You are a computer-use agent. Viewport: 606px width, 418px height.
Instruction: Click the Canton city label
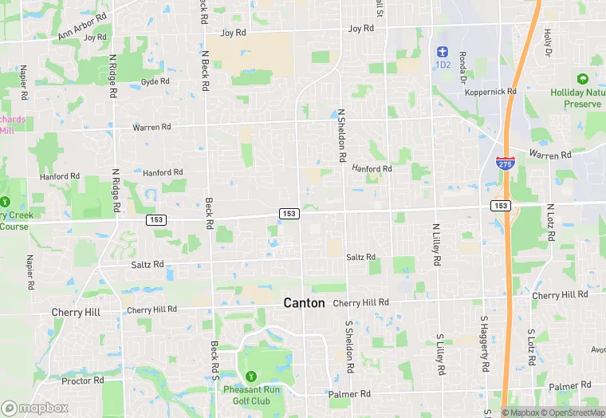[x=305, y=303]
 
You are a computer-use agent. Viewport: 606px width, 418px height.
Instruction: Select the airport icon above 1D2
[x=443, y=51]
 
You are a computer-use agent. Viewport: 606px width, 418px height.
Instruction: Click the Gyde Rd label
[x=155, y=82]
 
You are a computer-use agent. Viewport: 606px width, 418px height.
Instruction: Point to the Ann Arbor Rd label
[x=82, y=26]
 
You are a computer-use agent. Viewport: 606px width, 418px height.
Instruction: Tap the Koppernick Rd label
[x=490, y=92]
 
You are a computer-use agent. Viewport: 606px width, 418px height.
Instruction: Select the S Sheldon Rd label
[x=349, y=349]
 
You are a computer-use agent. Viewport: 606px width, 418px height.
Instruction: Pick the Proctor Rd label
[x=83, y=381]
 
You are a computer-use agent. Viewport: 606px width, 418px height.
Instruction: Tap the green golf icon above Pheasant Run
[x=250, y=376]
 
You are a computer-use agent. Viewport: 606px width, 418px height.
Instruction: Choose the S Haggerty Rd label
[x=484, y=345]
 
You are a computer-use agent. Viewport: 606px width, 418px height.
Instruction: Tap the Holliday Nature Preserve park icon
[x=582, y=79]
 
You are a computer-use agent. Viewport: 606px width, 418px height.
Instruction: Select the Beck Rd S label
[x=214, y=361]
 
